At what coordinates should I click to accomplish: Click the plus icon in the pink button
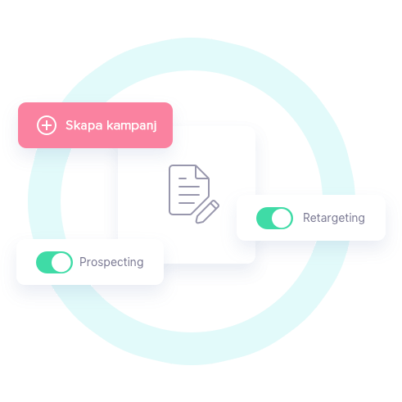coord(47,125)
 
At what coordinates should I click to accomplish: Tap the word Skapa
coord(84,125)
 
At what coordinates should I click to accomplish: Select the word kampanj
coord(132,125)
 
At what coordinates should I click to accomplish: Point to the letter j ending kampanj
coord(155,126)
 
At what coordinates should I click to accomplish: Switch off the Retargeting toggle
coord(274,218)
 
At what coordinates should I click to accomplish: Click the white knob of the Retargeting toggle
coord(282,218)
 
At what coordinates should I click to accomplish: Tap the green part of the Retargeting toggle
coord(264,218)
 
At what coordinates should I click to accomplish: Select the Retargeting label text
coord(334,218)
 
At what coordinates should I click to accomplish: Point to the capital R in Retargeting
coord(307,218)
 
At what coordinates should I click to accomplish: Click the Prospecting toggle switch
coord(54,262)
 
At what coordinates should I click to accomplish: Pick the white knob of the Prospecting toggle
coord(61,262)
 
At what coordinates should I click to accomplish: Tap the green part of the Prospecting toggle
coord(43,262)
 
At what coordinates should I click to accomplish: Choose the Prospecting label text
coord(111,262)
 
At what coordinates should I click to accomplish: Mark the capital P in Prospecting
coord(83,262)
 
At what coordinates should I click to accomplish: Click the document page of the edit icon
coord(186,190)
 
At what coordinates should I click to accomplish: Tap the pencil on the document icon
coord(207,212)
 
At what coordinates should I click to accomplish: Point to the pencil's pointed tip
coord(197,222)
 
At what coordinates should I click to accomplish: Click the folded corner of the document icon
coord(202,172)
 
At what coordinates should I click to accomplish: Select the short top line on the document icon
coord(183,178)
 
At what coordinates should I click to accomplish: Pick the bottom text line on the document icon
coord(187,203)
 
